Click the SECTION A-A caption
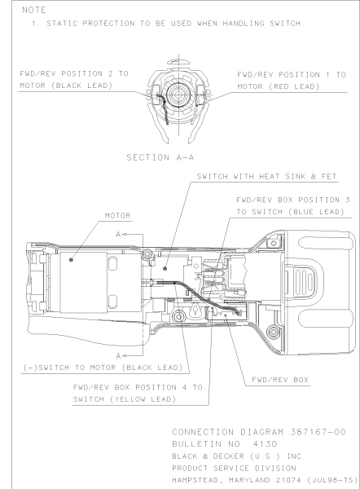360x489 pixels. (x=160, y=157)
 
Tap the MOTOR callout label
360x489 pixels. (x=118, y=215)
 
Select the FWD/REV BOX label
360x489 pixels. (x=280, y=380)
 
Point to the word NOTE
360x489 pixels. (x=34, y=10)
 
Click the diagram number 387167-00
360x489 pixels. (x=318, y=432)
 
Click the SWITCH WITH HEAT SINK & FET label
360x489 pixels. (x=267, y=177)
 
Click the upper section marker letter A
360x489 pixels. (x=118, y=234)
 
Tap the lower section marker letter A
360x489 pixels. (x=118, y=356)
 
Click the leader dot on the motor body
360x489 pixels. (x=71, y=259)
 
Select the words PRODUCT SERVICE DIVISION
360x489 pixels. (x=234, y=468)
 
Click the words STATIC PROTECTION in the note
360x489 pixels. (x=90, y=24)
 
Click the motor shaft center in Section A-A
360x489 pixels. (x=178, y=95)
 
